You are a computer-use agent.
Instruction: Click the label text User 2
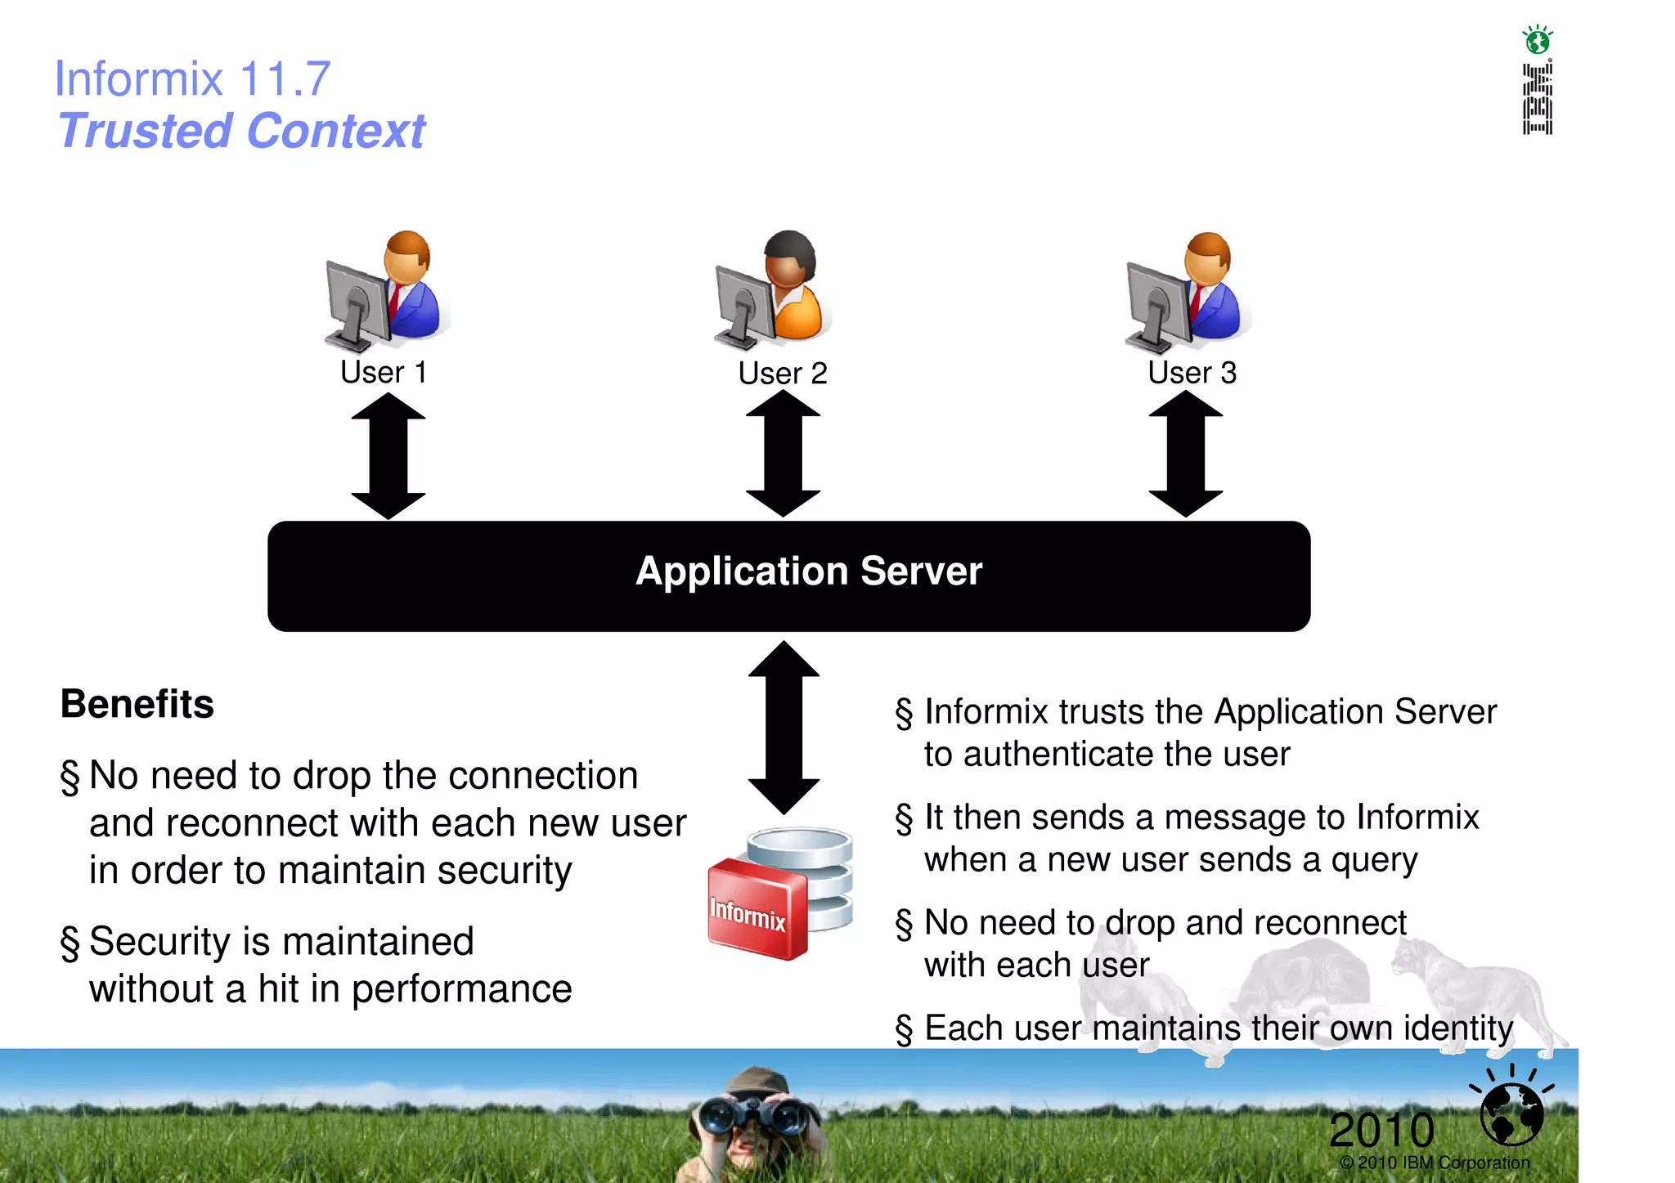(x=782, y=374)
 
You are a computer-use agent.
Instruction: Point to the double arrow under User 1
(x=388, y=456)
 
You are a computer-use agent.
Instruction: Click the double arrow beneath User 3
(x=1185, y=454)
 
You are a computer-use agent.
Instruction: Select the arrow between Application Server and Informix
(x=784, y=728)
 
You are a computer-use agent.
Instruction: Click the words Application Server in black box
(x=809, y=571)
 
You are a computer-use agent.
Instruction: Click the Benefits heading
(x=137, y=704)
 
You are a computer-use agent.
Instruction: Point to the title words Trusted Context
(x=241, y=131)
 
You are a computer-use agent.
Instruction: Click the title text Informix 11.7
(x=192, y=79)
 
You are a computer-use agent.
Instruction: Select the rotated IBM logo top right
(x=1537, y=99)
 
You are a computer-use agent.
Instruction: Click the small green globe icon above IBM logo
(x=1537, y=39)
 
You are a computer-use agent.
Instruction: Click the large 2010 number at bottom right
(x=1381, y=1130)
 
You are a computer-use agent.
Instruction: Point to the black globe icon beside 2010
(x=1511, y=1113)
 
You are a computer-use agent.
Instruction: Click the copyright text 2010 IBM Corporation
(x=1435, y=1163)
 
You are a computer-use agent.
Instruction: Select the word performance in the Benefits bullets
(x=461, y=990)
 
